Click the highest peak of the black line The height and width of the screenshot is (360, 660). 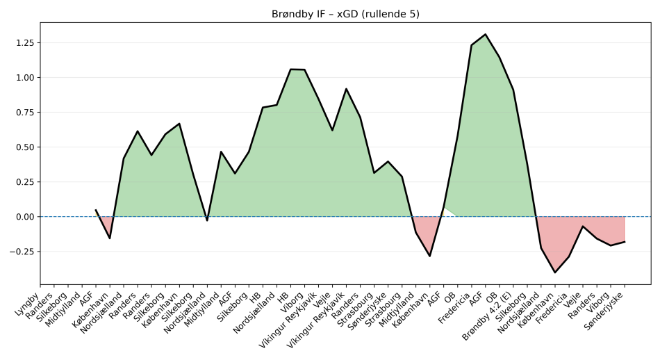(485, 34)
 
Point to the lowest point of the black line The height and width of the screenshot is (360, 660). (554, 272)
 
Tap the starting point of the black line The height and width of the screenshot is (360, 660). (96, 210)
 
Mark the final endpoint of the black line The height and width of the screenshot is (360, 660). (624, 241)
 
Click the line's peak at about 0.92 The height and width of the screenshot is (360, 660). (346, 89)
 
